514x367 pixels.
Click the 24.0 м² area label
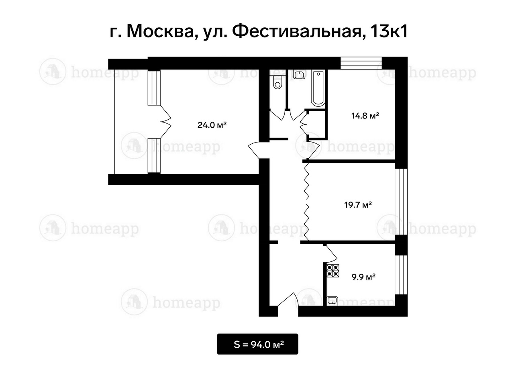pyautogui.click(x=212, y=125)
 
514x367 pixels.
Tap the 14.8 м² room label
pyautogui.click(x=365, y=116)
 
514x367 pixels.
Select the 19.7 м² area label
pyautogui.click(x=358, y=204)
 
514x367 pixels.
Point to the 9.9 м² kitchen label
pyautogui.click(x=363, y=277)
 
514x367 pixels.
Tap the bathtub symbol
pyautogui.click(x=318, y=89)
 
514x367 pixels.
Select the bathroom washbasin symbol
pyautogui.click(x=299, y=75)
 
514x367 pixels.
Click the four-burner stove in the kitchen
pyautogui.click(x=333, y=271)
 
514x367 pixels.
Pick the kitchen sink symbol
pyautogui.click(x=332, y=301)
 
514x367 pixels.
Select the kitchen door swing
pyautogui.click(x=330, y=253)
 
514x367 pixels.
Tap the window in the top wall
pyautogui.click(x=361, y=63)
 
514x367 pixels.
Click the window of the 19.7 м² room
pyautogui.click(x=401, y=202)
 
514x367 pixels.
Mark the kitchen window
pyautogui.click(x=401, y=275)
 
